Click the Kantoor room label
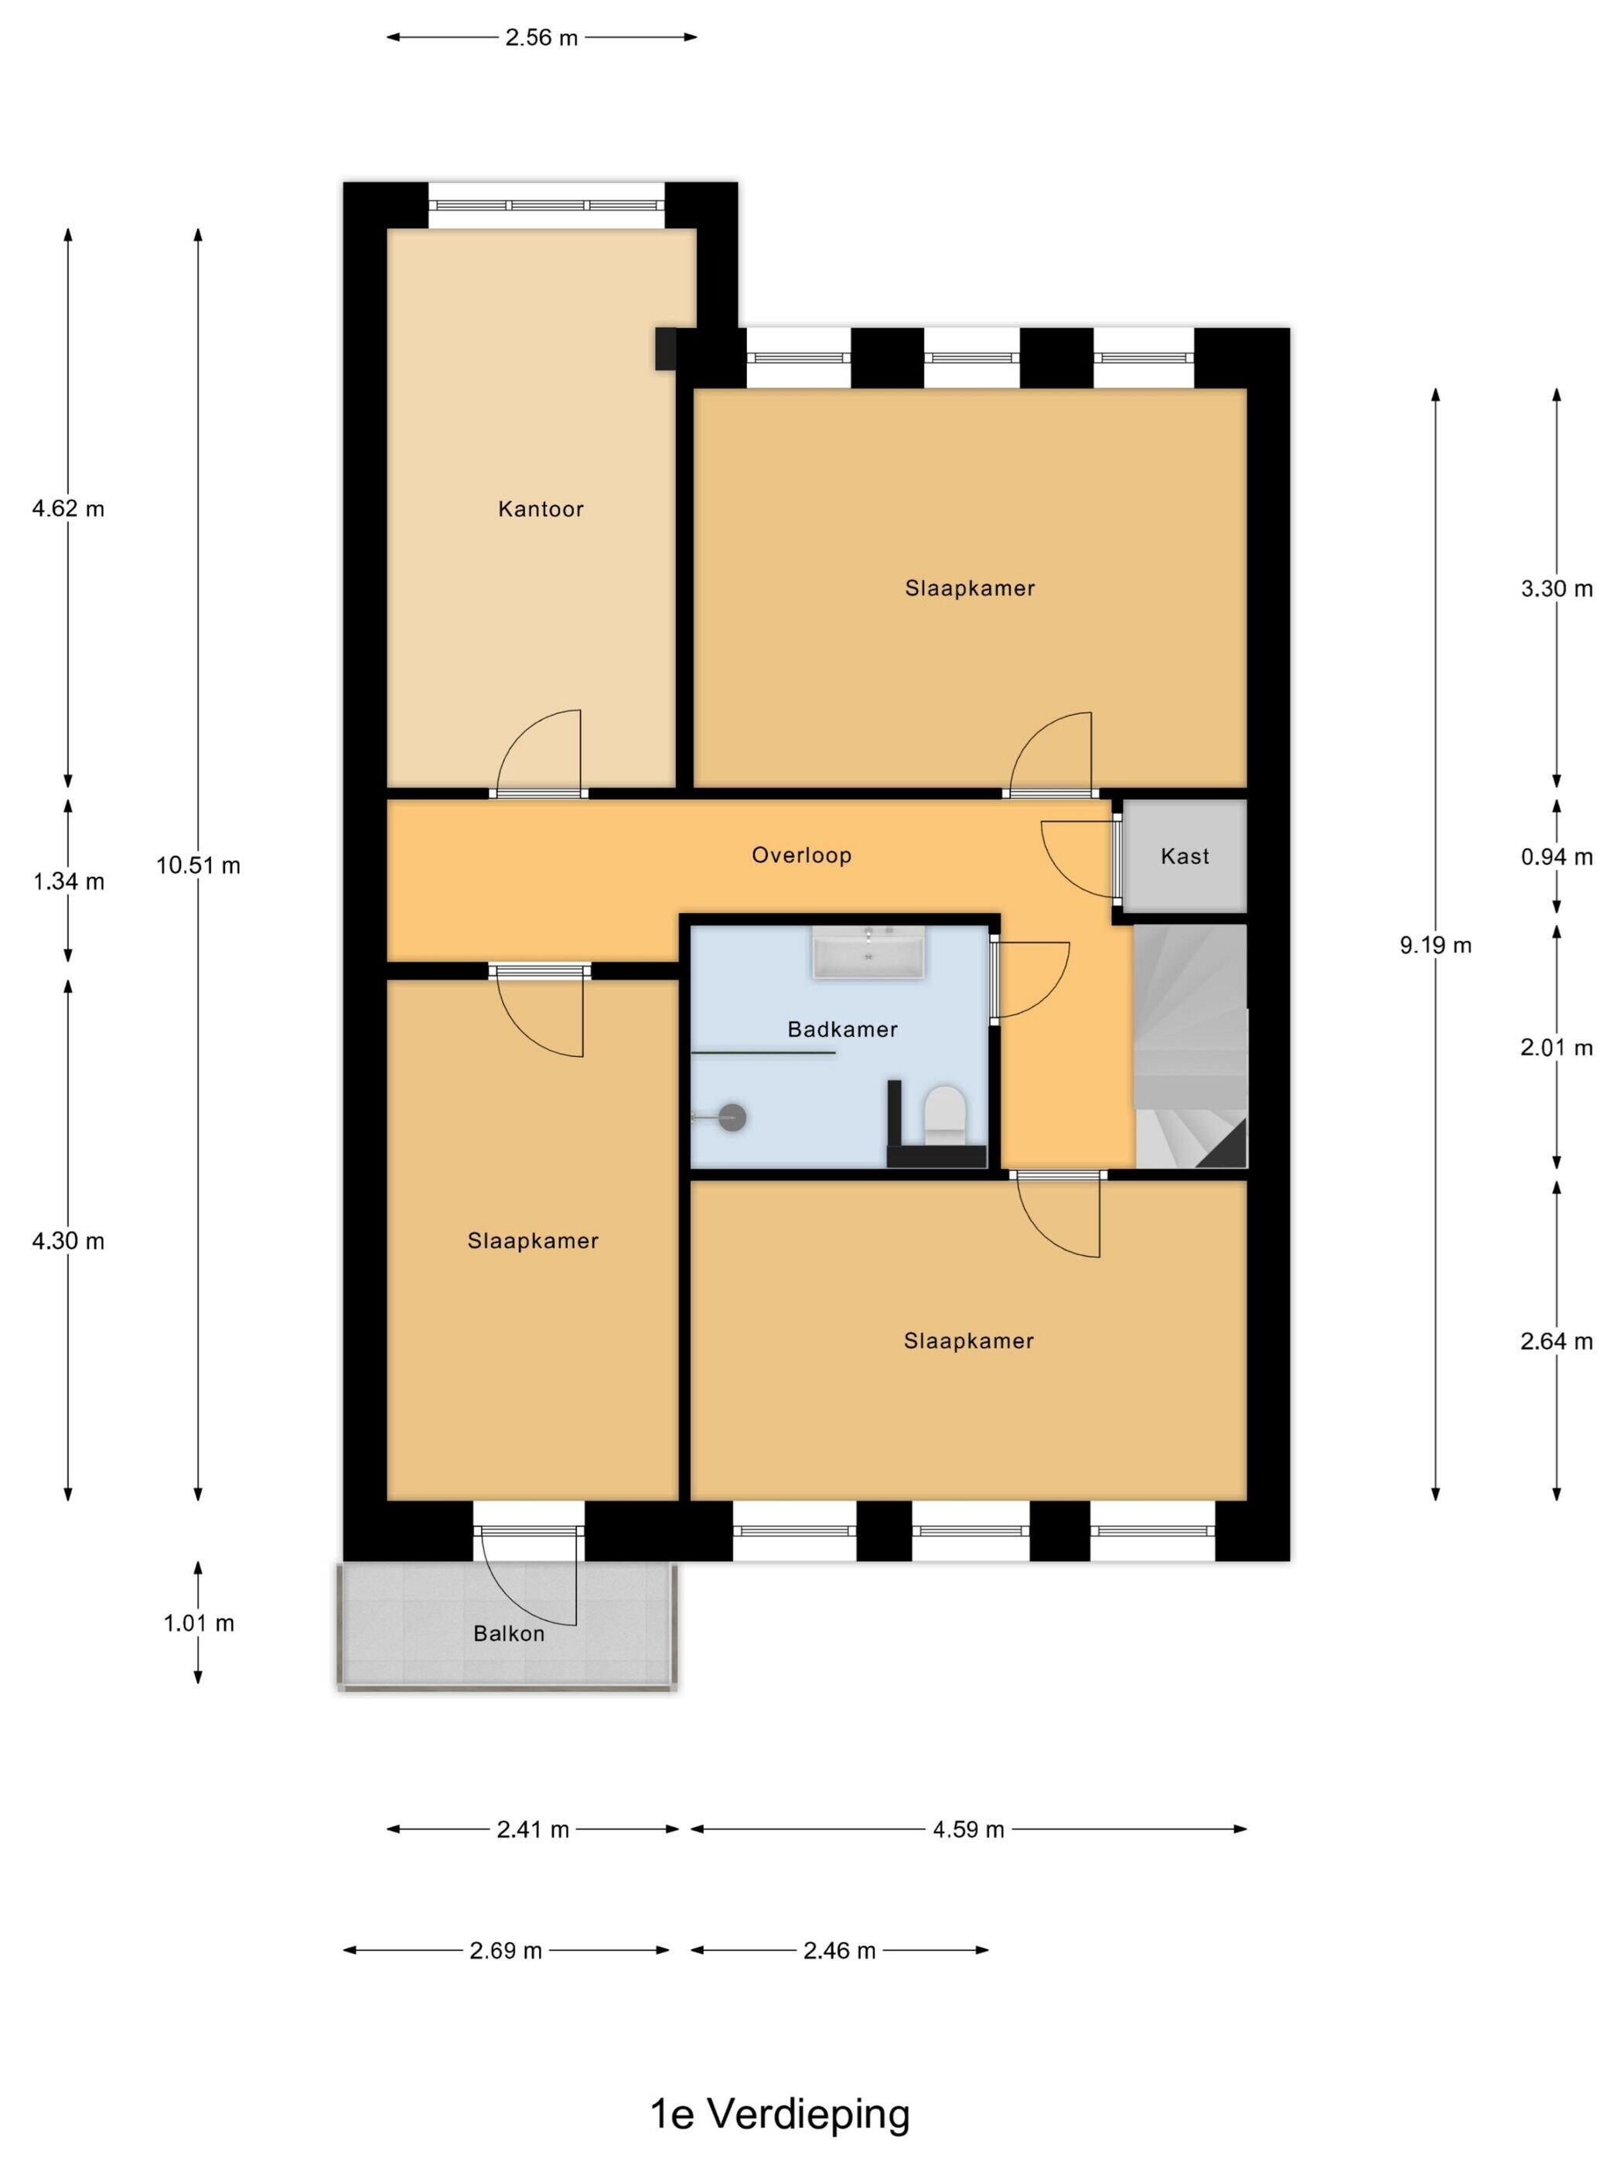tap(541, 509)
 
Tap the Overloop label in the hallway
tap(800, 855)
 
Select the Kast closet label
tap(1185, 857)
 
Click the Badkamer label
tap(842, 1030)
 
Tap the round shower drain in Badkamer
tap(733, 1117)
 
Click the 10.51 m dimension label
tap(198, 865)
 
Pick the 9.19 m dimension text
tap(1435, 946)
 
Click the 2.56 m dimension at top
tap(541, 38)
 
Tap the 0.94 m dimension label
tap(1557, 857)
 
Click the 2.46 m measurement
tap(839, 1951)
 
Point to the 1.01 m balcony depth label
tap(199, 1624)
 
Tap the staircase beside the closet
tap(1190, 1046)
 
